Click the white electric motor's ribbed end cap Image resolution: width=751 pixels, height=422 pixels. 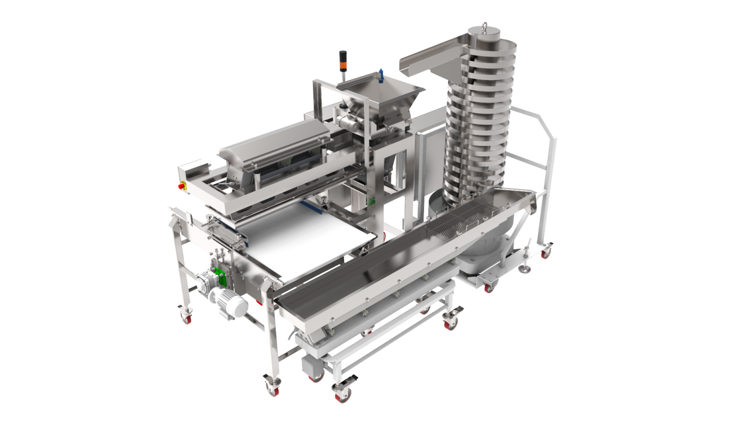(239, 307)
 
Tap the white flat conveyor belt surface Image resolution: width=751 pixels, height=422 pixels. (303, 244)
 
